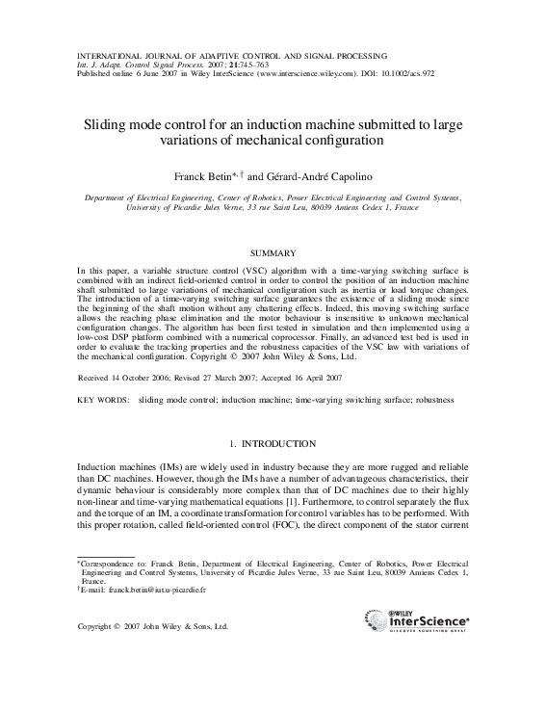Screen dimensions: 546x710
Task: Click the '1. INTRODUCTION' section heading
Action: pos(273,444)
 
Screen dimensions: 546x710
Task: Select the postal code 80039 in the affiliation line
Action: pos(331,207)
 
